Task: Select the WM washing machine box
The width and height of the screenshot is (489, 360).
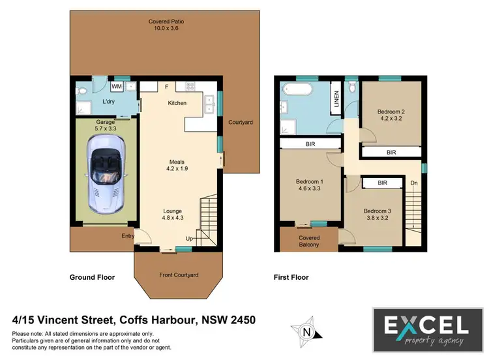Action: tap(117, 86)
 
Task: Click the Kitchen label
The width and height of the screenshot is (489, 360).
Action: tap(177, 103)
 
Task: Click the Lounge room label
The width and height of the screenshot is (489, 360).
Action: tap(173, 211)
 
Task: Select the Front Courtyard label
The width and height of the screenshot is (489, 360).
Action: tap(179, 275)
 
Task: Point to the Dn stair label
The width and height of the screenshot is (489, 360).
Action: tap(413, 183)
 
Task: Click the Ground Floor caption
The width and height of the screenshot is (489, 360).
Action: tap(92, 277)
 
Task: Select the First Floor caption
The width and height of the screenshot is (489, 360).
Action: tap(291, 277)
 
